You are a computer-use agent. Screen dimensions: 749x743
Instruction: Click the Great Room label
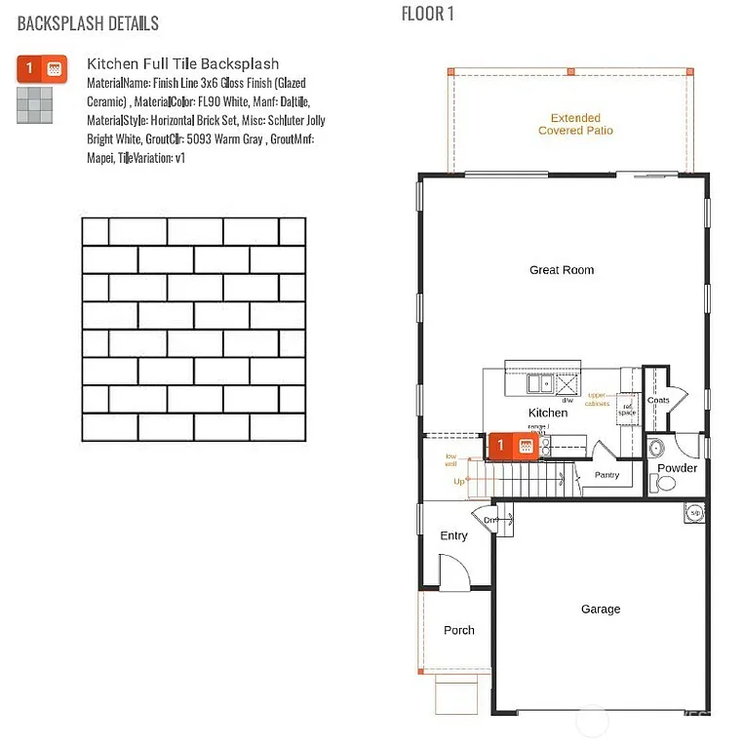tap(562, 270)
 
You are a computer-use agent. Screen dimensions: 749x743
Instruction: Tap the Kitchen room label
tap(548, 413)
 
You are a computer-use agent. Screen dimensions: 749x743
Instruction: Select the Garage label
tap(601, 610)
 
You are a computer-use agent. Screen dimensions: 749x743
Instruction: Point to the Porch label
tap(459, 631)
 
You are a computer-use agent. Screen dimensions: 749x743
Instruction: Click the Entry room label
tap(454, 535)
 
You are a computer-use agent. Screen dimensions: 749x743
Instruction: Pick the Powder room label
tap(677, 468)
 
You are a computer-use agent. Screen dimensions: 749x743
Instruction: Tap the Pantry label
tap(606, 475)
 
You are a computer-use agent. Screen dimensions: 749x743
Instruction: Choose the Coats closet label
tap(658, 400)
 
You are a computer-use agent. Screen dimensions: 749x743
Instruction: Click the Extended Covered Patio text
tap(575, 124)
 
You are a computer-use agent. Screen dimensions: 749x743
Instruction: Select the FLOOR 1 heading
tap(427, 14)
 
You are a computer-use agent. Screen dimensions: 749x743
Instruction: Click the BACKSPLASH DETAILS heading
tap(88, 22)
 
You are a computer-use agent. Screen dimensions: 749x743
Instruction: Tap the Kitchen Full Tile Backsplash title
tap(182, 64)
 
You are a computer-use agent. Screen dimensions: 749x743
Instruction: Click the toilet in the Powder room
tap(666, 482)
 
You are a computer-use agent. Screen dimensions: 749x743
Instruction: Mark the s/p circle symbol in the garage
tap(695, 513)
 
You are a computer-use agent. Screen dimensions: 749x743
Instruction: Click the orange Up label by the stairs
tap(459, 482)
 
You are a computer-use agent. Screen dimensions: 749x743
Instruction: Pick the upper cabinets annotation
tap(598, 399)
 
